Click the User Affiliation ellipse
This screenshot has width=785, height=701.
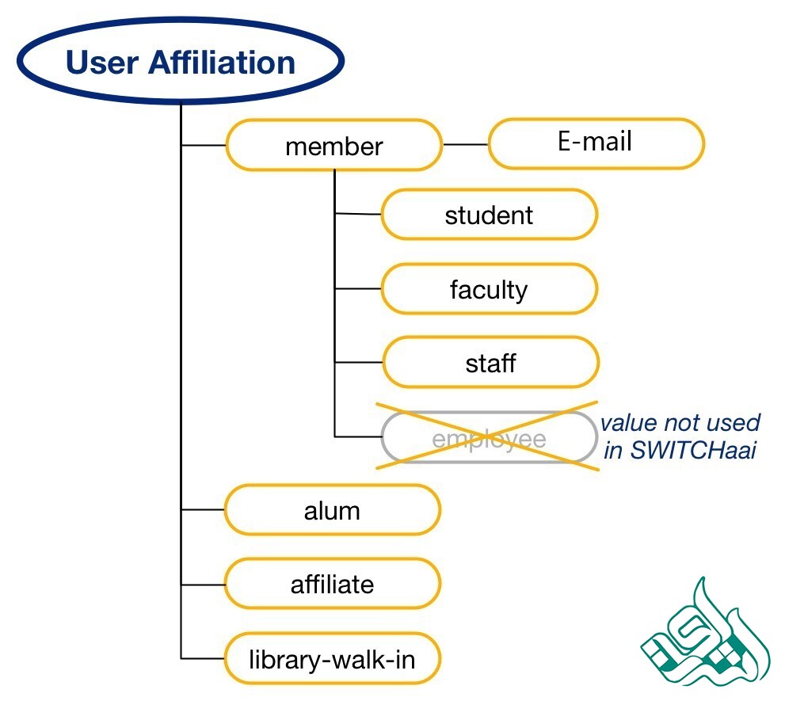pyautogui.click(x=181, y=62)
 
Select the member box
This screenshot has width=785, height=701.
pyautogui.click(x=333, y=146)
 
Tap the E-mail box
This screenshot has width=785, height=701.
pyautogui.click(x=596, y=143)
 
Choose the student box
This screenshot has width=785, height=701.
pyautogui.click(x=489, y=215)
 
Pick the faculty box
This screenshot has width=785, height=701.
pyautogui.click(x=489, y=289)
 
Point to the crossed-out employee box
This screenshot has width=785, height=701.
pyautogui.click(x=489, y=438)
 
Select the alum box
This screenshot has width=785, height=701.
pyautogui.click(x=332, y=511)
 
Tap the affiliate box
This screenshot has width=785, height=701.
pyautogui.click(x=332, y=585)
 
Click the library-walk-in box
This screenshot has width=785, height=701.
pyautogui.click(x=332, y=658)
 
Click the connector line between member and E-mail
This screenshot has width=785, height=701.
pyautogui.click(x=465, y=145)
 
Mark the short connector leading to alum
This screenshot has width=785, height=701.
pyautogui.click(x=203, y=511)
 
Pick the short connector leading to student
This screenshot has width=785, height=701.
pyautogui.click(x=358, y=214)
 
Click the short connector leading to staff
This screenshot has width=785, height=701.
pyautogui.click(x=358, y=364)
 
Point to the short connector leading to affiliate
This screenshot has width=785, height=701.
pyautogui.click(x=203, y=585)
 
